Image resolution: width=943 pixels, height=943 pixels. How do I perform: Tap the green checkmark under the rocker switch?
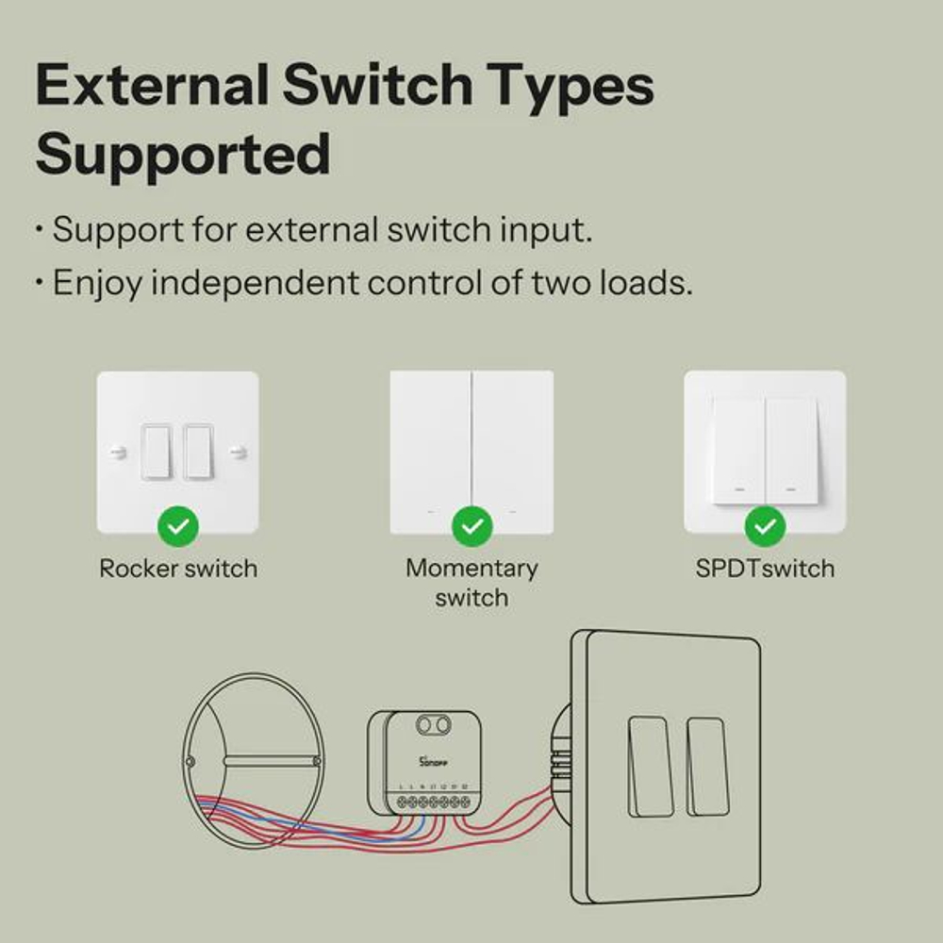coord(178,526)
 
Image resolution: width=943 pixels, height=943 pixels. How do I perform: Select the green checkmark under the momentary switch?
coord(471,526)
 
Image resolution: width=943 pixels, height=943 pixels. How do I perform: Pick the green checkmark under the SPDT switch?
coord(765,526)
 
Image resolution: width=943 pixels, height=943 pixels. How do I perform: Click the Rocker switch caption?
coord(178,569)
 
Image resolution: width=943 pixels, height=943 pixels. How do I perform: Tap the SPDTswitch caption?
coord(765,569)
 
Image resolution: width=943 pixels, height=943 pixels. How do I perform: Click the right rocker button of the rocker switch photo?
coord(199,452)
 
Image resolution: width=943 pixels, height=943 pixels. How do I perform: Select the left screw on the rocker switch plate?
coord(117,453)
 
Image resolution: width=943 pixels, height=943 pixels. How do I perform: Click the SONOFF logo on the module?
coord(430,759)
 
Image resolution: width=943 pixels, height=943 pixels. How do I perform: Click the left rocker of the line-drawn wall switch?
coord(647,766)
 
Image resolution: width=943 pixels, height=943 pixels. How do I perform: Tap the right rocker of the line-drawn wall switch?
coord(706,766)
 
